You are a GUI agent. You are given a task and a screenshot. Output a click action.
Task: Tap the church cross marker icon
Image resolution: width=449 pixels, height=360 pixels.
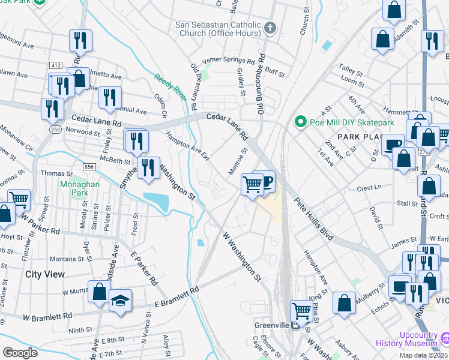(270, 28)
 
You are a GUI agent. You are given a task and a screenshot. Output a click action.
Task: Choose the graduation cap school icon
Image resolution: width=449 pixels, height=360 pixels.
(120, 300)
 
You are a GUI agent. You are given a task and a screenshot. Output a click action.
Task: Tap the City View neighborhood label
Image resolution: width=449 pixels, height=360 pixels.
(45, 274)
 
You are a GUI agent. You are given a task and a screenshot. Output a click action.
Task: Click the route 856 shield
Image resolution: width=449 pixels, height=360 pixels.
(90, 167)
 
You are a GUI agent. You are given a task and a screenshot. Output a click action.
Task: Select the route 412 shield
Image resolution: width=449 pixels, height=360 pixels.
(56, 65)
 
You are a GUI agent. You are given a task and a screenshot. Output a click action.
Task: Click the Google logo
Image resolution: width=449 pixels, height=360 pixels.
(20, 353)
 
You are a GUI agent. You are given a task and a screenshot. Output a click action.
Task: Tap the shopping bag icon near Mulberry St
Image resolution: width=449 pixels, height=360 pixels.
(345, 302)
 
